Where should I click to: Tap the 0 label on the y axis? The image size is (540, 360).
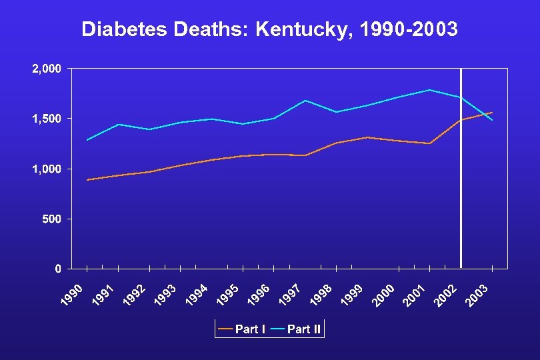coord(59,269)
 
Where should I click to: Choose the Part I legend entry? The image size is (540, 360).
coord(243,329)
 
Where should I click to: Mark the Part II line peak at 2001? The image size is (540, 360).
coord(430,90)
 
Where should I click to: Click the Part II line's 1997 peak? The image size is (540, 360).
coord(305,101)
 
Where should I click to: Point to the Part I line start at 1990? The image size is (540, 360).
coord(87,180)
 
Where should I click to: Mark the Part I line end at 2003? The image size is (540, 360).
coord(492,113)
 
